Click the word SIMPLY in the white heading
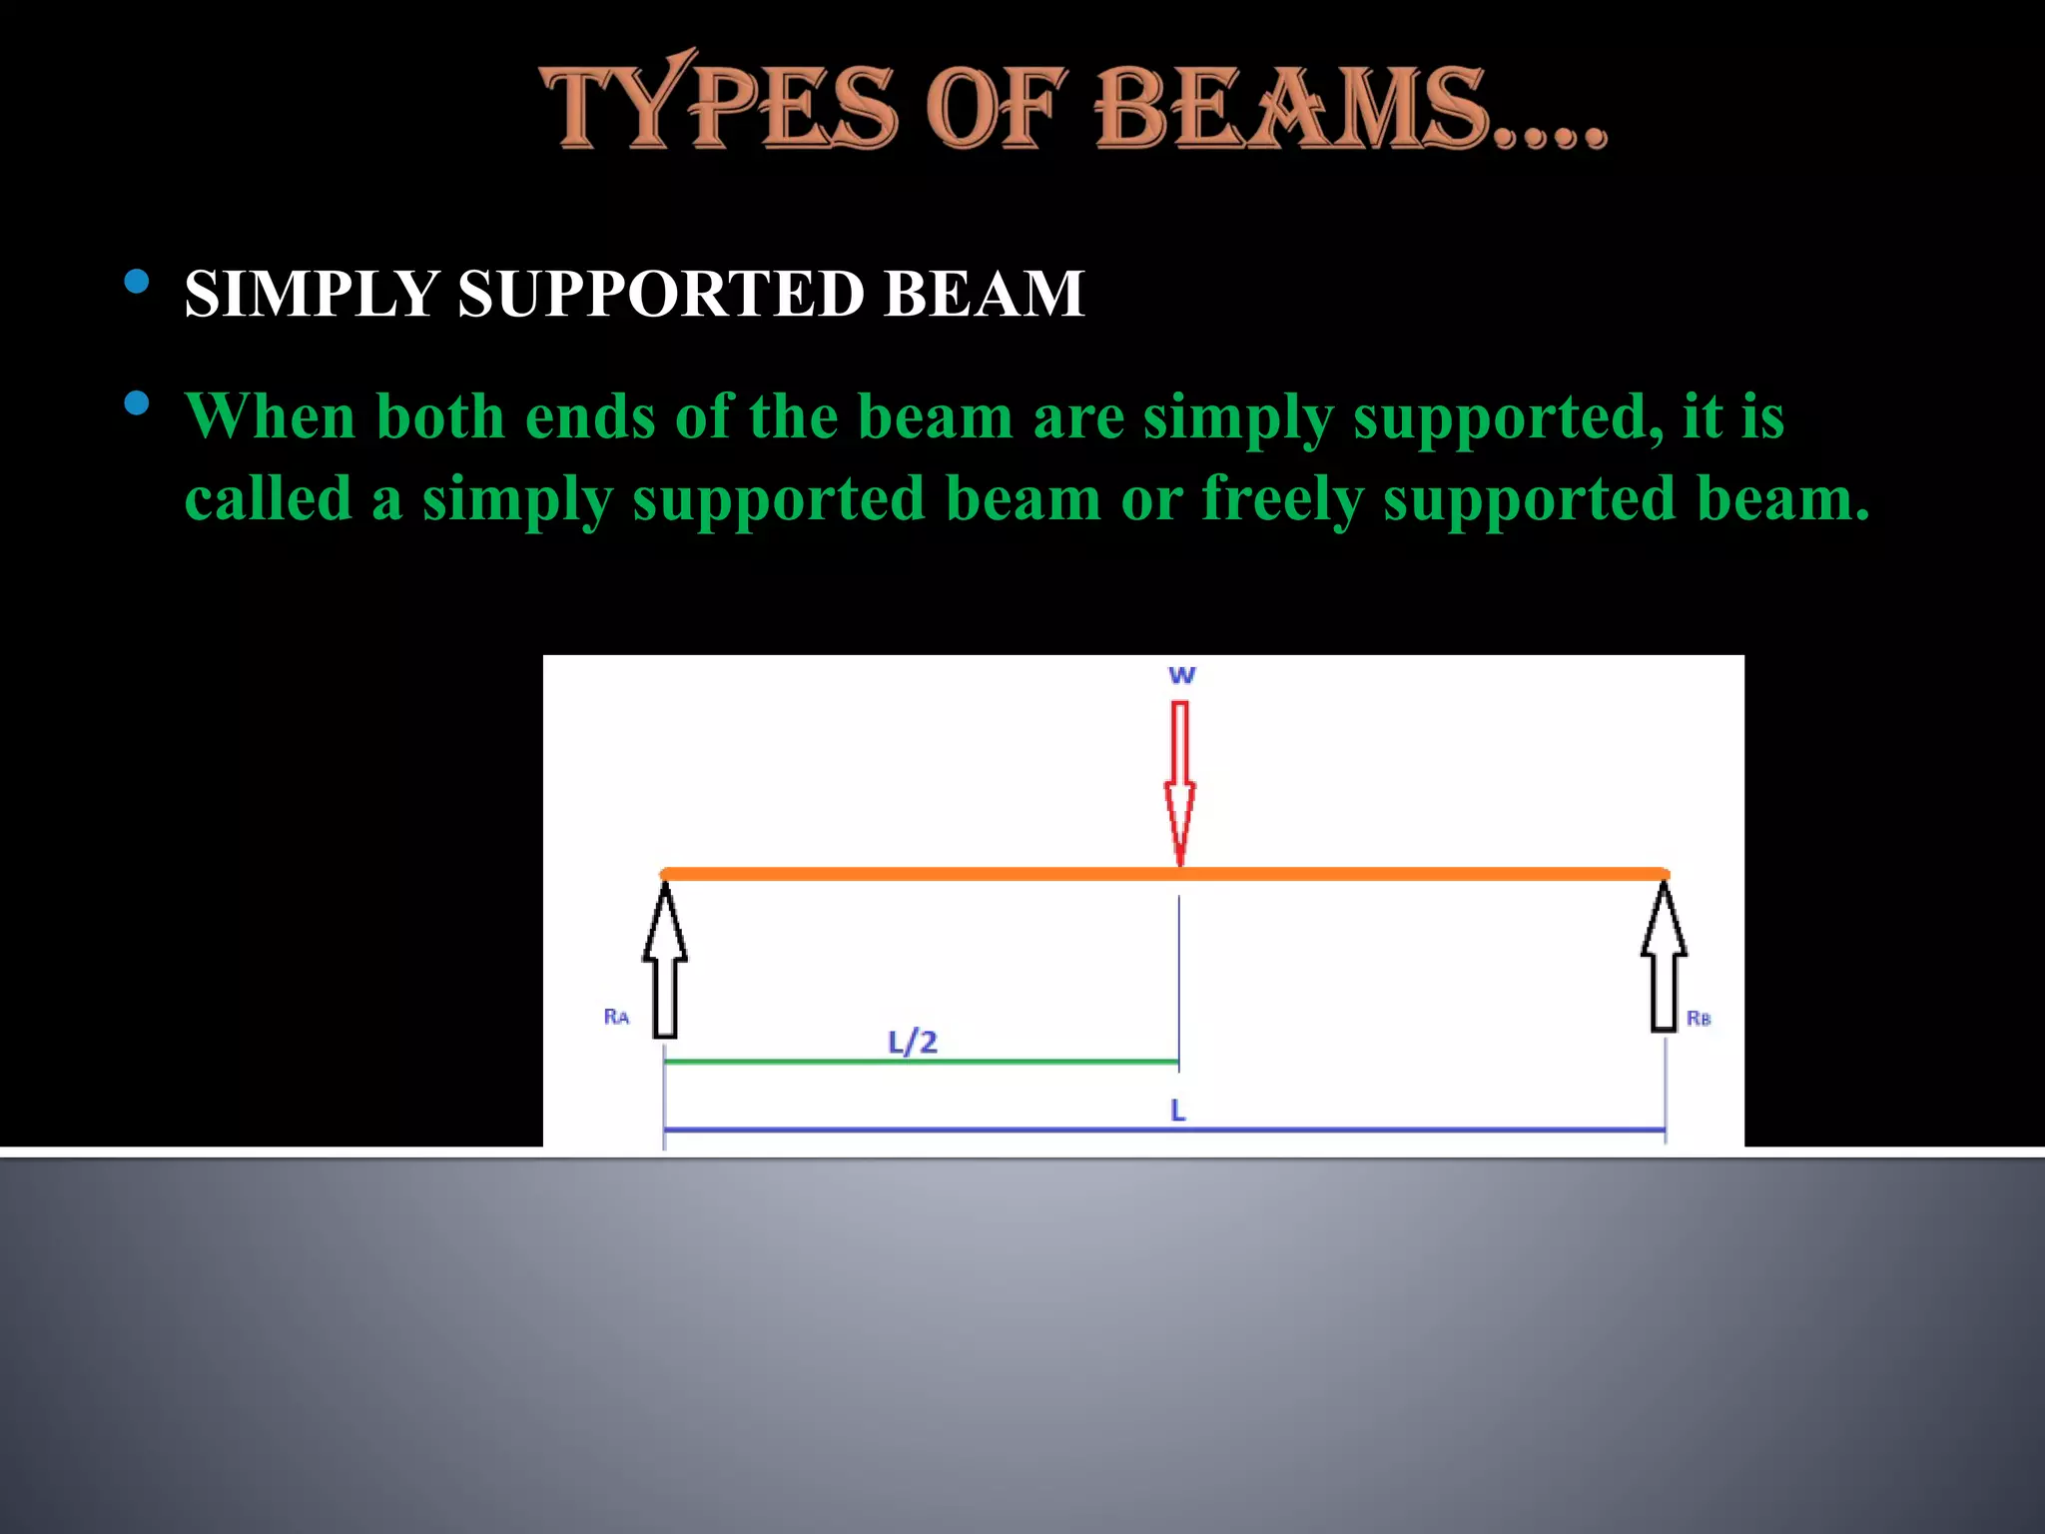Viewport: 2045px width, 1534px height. [312, 294]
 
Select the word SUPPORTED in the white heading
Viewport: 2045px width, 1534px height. [661, 294]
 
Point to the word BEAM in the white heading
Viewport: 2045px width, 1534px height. [984, 294]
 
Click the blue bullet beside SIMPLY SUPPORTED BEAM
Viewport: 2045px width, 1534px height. [137, 282]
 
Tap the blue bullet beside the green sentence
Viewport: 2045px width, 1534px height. [137, 403]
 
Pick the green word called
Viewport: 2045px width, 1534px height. [268, 498]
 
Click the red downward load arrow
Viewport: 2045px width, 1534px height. [1179, 779]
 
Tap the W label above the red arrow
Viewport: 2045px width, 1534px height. [1181, 675]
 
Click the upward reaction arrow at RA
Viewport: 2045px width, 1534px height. [665, 959]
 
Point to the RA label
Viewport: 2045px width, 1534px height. [616, 1017]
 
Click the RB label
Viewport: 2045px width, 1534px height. [1699, 1019]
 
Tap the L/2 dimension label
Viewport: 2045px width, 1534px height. [913, 1043]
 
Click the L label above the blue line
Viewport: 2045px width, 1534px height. [1178, 1111]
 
